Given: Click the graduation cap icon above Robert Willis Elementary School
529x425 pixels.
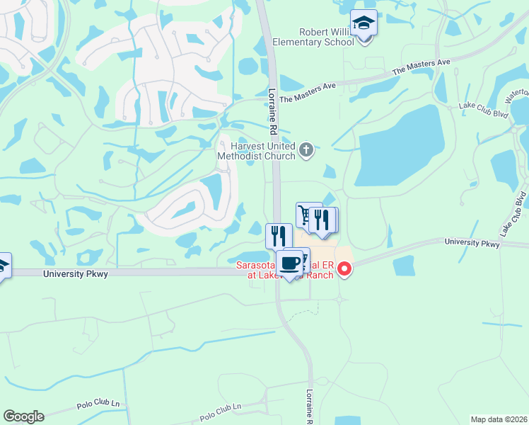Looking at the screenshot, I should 364,24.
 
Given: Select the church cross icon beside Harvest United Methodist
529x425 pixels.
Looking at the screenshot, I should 306,149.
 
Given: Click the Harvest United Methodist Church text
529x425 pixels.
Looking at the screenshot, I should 259,151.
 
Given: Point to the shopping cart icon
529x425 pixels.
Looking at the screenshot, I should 305,214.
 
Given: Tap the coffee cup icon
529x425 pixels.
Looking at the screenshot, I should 289,263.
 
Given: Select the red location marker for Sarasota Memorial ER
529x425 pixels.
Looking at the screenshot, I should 344,268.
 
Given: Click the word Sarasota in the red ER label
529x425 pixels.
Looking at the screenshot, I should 255,266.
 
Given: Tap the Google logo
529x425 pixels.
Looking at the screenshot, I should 23,416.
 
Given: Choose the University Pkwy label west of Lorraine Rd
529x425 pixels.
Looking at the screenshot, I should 75,273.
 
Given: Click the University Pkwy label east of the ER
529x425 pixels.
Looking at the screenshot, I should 472,243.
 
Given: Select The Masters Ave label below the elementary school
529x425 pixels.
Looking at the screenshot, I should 421,67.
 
